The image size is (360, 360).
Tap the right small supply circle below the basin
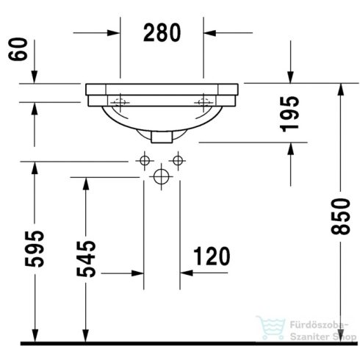click(x=176, y=160)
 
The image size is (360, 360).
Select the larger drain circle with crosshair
click(x=161, y=176)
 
